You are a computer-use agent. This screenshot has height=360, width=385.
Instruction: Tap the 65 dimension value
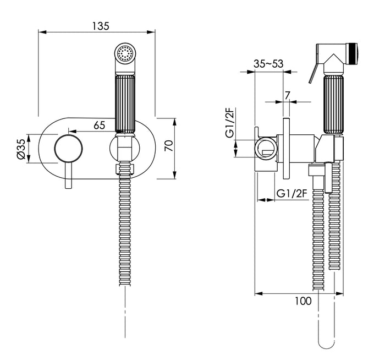click(x=100, y=125)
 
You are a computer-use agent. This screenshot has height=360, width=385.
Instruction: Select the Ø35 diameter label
click(x=21, y=149)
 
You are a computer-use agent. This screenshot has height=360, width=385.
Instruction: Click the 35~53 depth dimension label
click(x=268, y=64)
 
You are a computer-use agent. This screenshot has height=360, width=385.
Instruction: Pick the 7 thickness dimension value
click(x=287, y=94)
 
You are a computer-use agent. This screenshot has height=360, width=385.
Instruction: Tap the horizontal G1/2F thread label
click(x=291, y=193)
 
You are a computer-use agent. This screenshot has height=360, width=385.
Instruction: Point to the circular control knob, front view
click(x=69, y=149)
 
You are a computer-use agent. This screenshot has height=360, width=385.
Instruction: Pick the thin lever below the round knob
click(x=69, y=176)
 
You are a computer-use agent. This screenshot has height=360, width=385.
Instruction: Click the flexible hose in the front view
click(x=125, y=231)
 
